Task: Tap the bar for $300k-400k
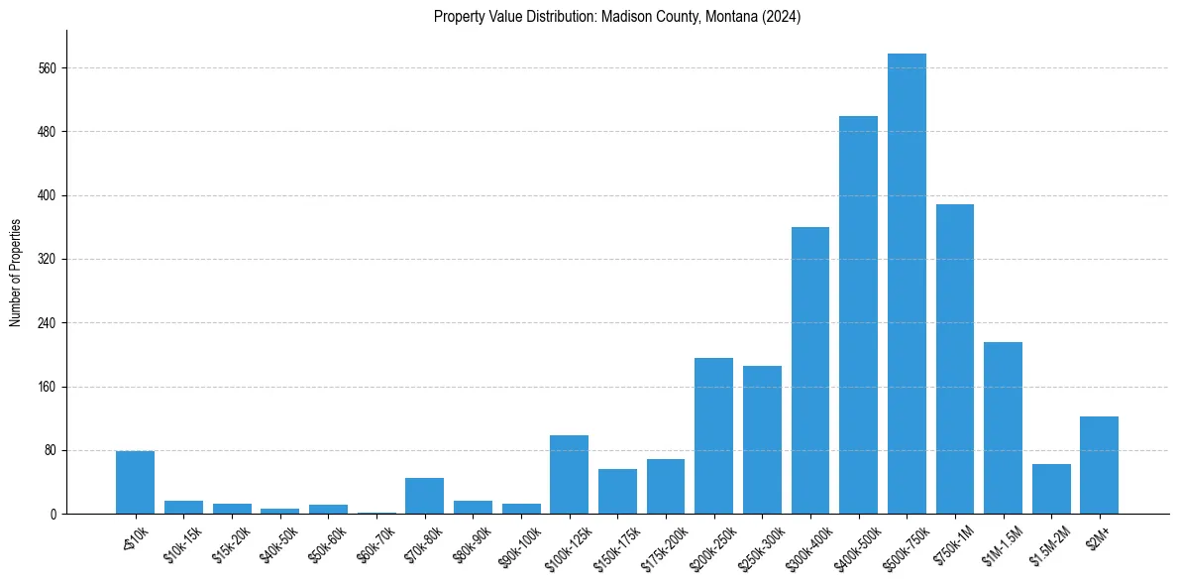(809, 371)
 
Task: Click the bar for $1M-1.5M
(1003, 428)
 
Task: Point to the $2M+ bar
(1099, 465)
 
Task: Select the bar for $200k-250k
(713, 436)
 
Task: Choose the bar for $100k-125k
(569, 475)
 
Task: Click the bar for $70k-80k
(424, 496)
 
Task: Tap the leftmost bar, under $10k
(135, 483)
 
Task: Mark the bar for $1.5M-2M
(1051, 489)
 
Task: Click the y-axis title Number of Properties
(15, 274)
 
